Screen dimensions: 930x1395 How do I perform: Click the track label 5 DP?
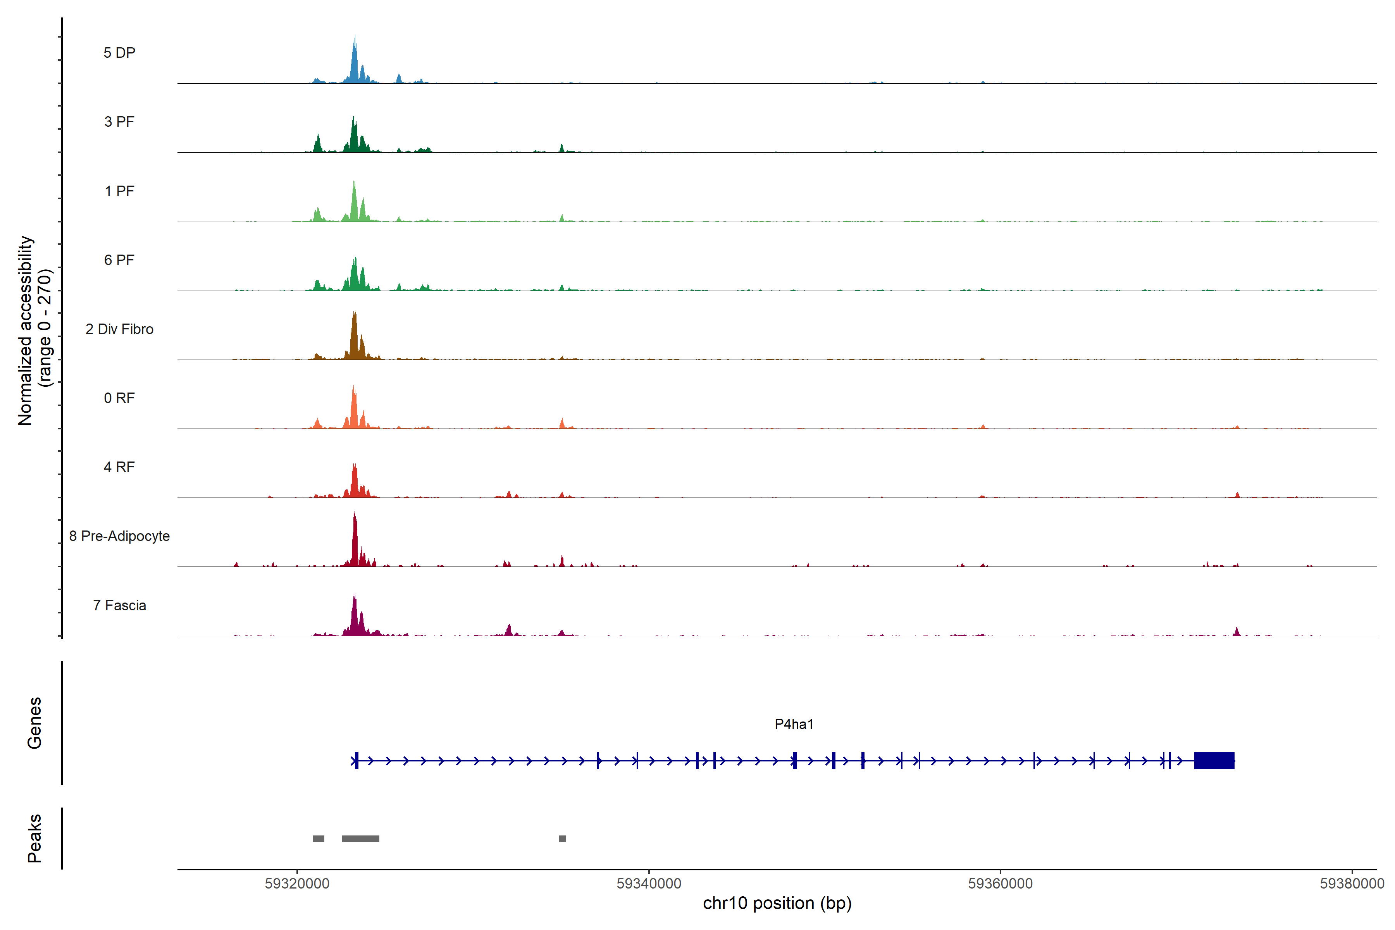(119, 53)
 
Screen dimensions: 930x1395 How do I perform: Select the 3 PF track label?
(119, 122)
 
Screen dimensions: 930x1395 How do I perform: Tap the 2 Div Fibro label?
(119, 329)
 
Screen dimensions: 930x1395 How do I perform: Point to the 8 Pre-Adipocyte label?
(119, 536)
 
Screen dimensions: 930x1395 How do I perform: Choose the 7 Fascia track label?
(119, 606)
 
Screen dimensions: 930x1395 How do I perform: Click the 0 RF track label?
(119, 398)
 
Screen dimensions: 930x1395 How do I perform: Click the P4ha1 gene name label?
(794, 724)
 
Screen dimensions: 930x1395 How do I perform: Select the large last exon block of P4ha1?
(1214, 760)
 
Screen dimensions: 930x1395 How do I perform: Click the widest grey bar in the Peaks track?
(361, 839)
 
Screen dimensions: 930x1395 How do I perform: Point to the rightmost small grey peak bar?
(562, 839)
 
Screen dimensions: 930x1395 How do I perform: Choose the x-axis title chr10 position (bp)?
(777, 903)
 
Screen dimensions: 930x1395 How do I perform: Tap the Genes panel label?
(34, 723)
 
